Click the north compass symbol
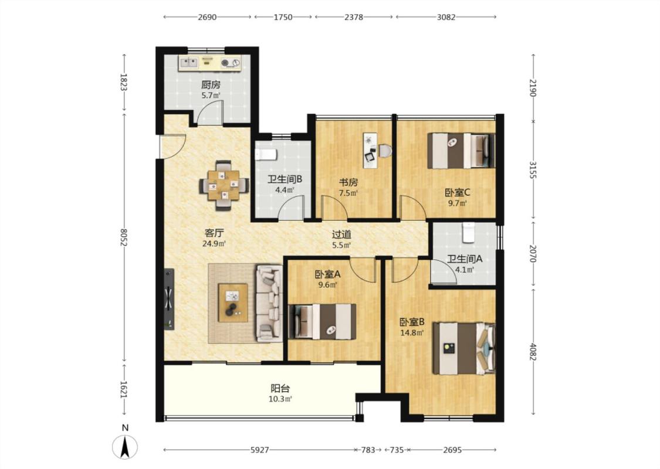124,447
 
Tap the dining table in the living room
224,185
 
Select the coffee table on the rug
233,303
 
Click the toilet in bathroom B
265,154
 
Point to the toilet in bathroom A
469,232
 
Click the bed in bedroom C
461,151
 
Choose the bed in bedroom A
322,321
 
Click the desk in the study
370,150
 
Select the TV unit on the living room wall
169,299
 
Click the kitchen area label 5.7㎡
211,96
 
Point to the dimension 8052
123,237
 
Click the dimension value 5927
260,450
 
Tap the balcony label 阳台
280,389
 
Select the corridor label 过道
341,235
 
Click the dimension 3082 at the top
446,17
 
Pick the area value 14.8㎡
412,333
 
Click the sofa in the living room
269,303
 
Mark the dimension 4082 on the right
533,352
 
